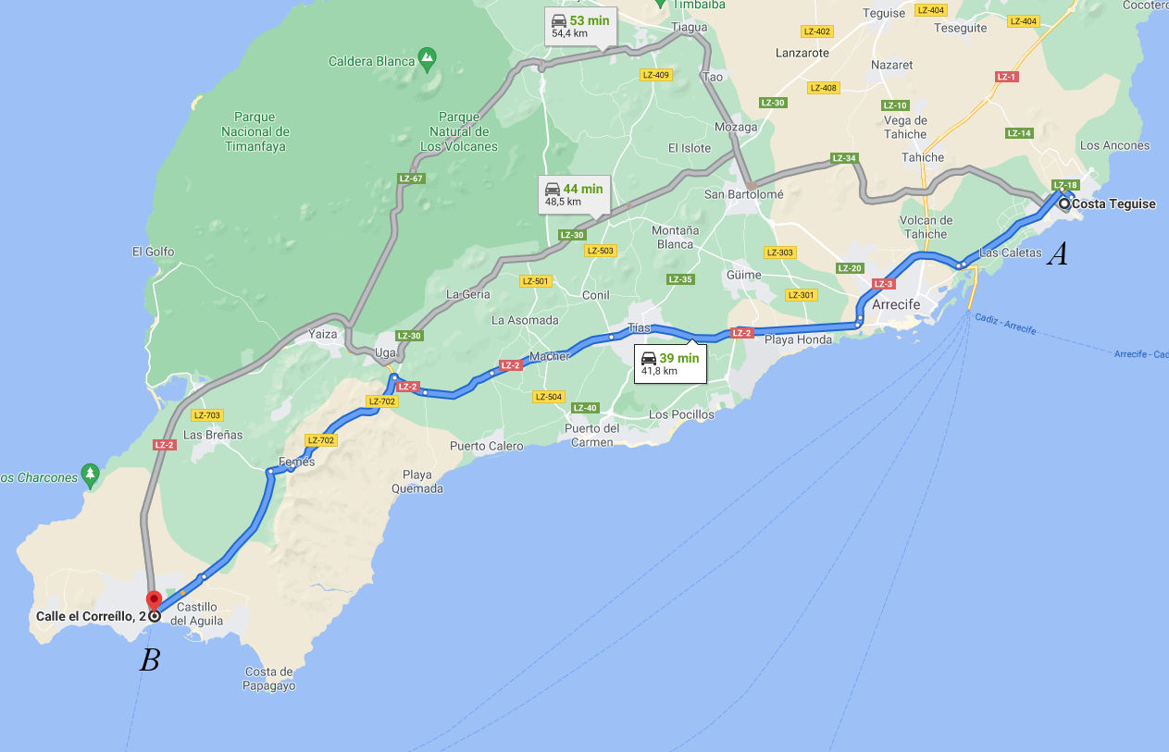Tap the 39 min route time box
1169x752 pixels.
[x=670, y=364]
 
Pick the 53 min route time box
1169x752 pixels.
[x=579, y=26]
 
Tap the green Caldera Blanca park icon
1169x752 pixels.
[x=427, y=59]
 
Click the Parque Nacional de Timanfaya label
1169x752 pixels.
[x=255, y=132]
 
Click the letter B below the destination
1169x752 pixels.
[x=150, y=660]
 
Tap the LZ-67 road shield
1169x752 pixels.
[x=411, y=179]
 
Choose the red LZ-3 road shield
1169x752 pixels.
[x=883, y=284]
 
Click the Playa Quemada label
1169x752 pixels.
[x=417, y=482]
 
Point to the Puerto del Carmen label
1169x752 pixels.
[x=592, y=435]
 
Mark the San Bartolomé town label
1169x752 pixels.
[x=743, y=194]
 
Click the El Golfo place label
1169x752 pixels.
[x=153, y=251]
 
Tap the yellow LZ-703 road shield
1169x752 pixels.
[x=207, y=415]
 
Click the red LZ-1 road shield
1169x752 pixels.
[x=1006, y=77]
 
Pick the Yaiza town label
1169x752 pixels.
[x=323, y=334]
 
